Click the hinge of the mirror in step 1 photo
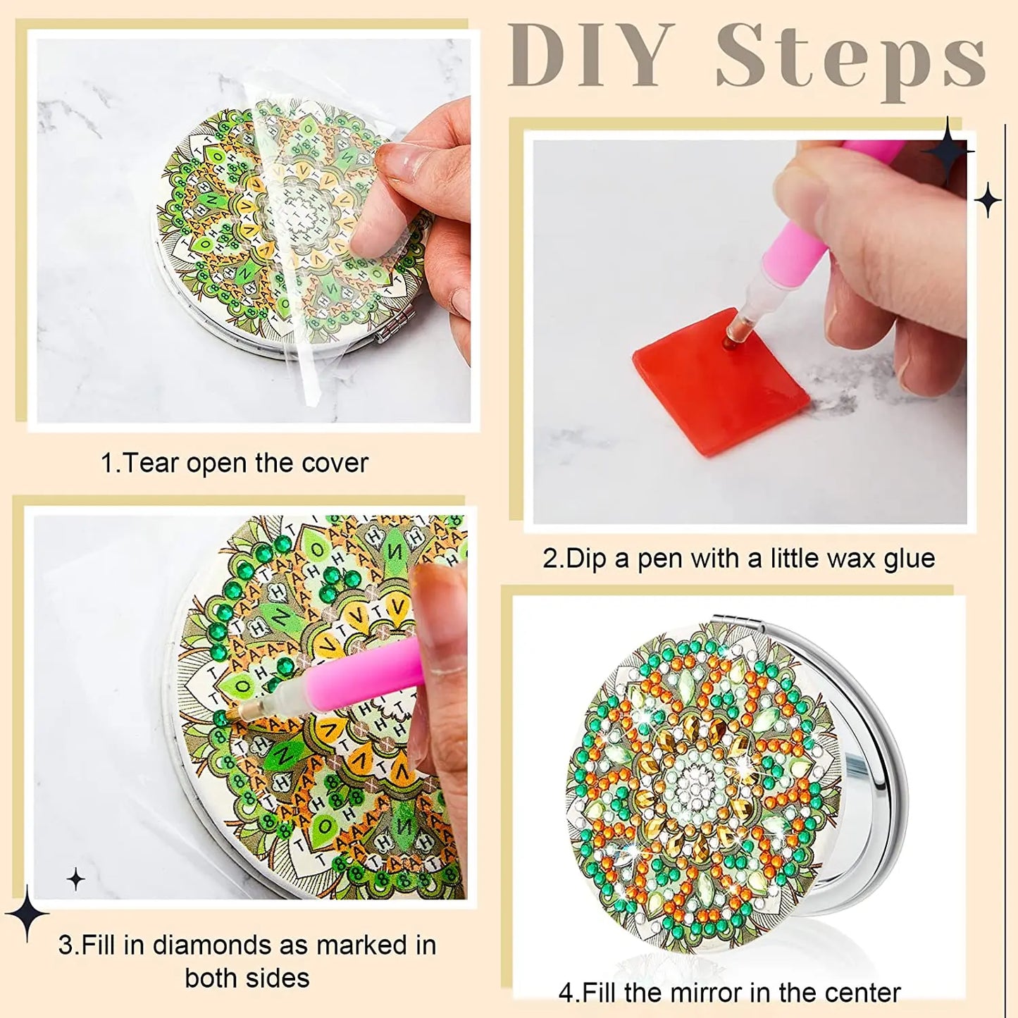pos(385,335)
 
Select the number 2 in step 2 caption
pos(550,559)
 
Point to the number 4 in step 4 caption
pos(565,993)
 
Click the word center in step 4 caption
pos(865,993)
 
